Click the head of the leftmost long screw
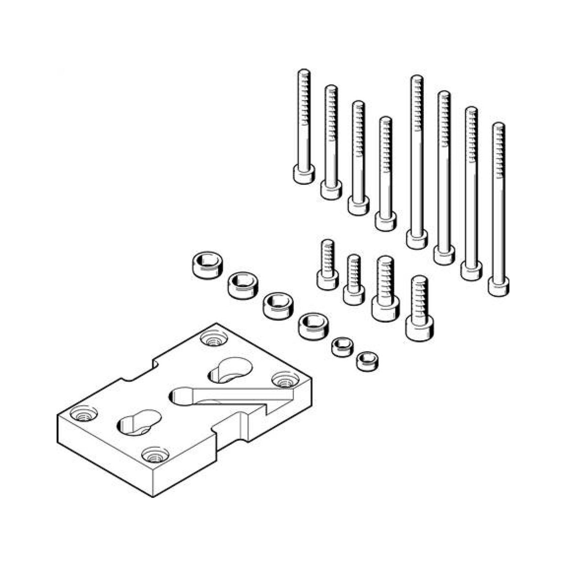(x=304, y=174)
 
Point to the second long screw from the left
(x=331, y=141)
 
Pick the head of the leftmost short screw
(x=327, y=280)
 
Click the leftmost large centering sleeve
(x=207, y=264)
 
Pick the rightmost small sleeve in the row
(x=367, y=361)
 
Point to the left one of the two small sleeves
(x=342, y=347)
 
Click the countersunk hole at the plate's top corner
(x=214, y=339)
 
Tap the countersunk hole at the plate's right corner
(x=283, y=380)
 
